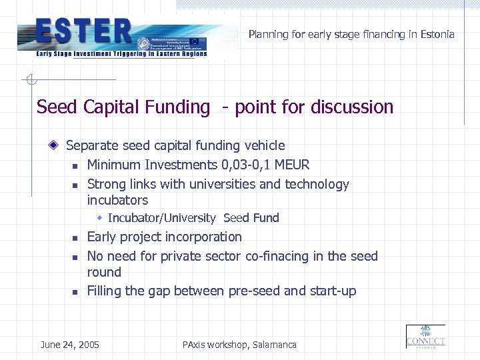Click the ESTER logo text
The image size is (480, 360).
[x=84, y=31]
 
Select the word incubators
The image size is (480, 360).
[x=117, y=200]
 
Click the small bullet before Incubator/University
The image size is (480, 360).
[x=99, y=218]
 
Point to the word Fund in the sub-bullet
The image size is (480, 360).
[x=266, y=218]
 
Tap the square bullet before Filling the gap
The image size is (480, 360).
[x=76, y=292]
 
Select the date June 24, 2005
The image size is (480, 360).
[x=70, y=345]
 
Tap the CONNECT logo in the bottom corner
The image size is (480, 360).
[x=425, y=337]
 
